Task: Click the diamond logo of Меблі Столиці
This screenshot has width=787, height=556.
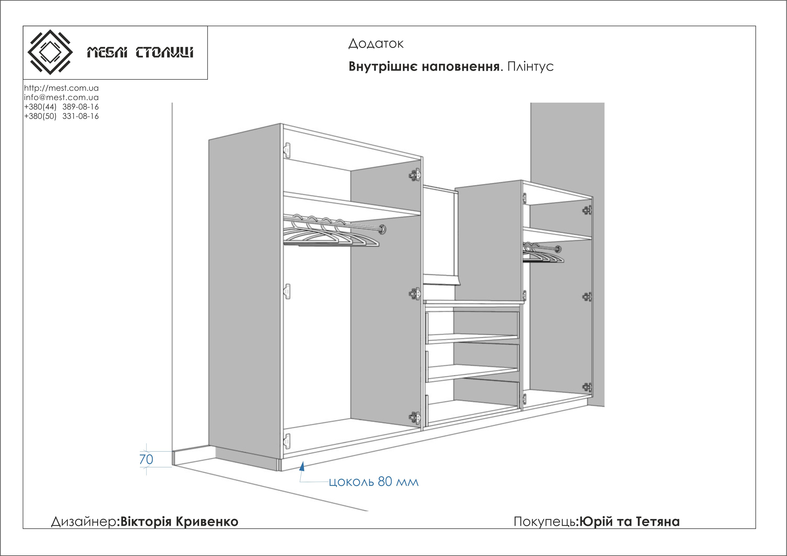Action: click(50, 52)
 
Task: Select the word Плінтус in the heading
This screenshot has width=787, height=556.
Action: click(530, 67)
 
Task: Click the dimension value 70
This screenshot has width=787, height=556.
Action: click(146, 459)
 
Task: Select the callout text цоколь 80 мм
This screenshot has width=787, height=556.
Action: click(374, 482)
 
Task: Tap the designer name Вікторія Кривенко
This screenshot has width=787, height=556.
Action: click(179, 521)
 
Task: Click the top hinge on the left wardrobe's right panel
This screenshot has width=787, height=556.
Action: click(415, 175)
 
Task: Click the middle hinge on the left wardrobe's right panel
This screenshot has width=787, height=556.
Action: click(415, 294)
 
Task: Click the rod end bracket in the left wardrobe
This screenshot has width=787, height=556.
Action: click(382, 229)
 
